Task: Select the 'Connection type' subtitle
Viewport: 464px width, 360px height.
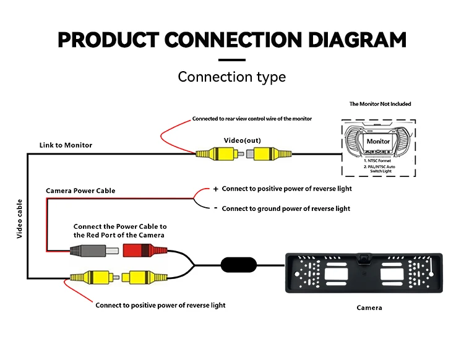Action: [232, 77]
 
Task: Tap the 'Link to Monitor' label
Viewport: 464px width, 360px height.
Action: [66, 145]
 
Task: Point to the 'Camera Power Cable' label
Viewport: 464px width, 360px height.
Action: [80, 191]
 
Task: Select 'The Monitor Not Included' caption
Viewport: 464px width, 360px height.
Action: [380, 104]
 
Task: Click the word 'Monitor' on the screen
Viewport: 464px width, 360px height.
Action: [378, 141]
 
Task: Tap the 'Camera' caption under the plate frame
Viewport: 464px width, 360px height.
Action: [369, 307]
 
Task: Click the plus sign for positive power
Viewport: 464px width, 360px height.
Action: [216, 189]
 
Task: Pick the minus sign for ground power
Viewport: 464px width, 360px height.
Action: [216, 208]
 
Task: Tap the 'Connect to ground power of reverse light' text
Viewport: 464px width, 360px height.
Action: [286, 208]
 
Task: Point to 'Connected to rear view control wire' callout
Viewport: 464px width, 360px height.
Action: [252, 118]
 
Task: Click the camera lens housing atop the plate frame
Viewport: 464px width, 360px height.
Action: [361, 256]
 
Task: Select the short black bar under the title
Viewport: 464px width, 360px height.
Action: [232, 60]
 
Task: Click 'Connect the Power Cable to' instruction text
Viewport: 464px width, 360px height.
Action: [120, 226]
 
